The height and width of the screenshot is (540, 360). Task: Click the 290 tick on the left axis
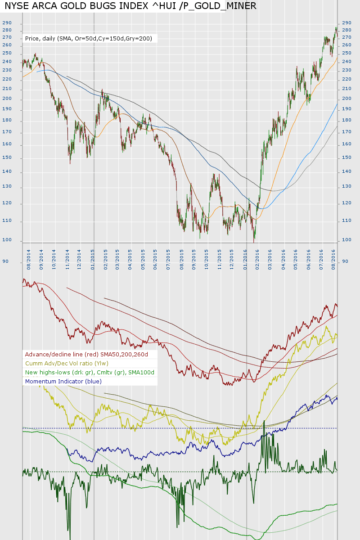coord(7,23)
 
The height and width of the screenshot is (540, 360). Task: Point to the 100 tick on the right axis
coord(346,240)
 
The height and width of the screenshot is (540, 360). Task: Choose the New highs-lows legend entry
coord(90,373)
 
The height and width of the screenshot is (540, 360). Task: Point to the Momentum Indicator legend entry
coord(63,382)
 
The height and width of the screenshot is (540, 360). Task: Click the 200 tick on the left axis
coord(7,99)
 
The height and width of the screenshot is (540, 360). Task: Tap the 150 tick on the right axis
coord(346,157)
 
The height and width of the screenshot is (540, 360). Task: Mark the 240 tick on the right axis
coord(346,61)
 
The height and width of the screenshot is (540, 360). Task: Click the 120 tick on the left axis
coord(7,203)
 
